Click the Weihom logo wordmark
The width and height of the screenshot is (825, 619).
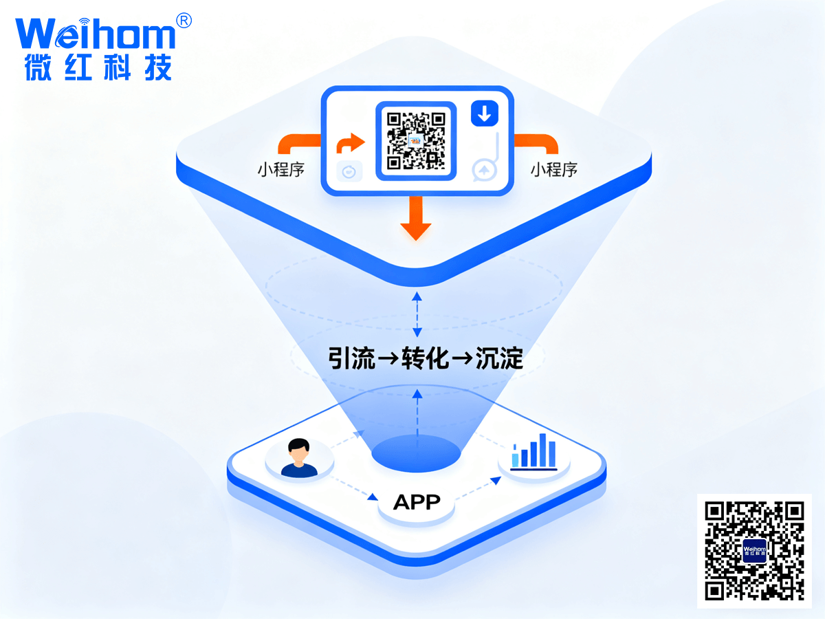point(95,34)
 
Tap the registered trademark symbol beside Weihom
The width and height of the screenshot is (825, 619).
point(184,21)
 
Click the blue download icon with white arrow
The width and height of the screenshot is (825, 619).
point(484,113)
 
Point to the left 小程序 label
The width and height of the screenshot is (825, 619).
point(281,170)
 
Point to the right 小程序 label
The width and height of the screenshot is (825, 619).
point(553,170)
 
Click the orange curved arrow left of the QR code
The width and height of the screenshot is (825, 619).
point(351,143)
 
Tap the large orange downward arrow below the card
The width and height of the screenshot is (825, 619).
point(415,219)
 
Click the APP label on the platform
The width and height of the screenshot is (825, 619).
point(417,502)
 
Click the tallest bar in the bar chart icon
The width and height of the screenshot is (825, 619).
point(542,448)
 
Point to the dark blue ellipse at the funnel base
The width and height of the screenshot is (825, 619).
point(416,453)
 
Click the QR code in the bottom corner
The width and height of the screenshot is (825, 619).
point(754,550)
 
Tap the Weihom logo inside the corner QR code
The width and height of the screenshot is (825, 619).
point(754,551)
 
